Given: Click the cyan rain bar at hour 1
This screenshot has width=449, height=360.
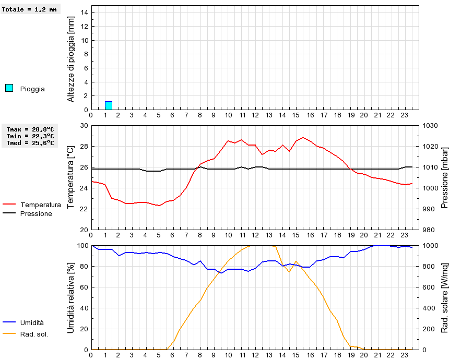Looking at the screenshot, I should click(109, 105).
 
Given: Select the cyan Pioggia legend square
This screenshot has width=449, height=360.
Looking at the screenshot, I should click(9, 88).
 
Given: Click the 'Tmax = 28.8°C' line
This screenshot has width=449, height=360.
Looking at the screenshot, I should click(30, 129).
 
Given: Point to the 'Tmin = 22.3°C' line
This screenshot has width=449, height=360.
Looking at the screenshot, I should click(30, 136).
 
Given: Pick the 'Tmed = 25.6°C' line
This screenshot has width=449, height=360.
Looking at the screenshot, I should click(30, 142).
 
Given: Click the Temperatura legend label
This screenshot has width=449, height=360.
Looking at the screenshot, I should click(41, 205).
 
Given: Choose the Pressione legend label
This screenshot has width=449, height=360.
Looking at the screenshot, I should click(36, 213).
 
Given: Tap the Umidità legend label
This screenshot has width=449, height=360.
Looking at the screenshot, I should click(32, 323).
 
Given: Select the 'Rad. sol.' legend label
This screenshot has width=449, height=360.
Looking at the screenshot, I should click(34, 334).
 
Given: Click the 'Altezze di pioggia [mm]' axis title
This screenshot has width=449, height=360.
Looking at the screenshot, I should click(72, 59).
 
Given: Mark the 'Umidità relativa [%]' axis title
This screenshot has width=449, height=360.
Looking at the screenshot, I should click(72, 297).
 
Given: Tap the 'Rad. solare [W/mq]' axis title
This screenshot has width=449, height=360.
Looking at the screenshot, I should click(445, 297).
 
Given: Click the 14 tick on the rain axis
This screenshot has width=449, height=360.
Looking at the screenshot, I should click(85, 13).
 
